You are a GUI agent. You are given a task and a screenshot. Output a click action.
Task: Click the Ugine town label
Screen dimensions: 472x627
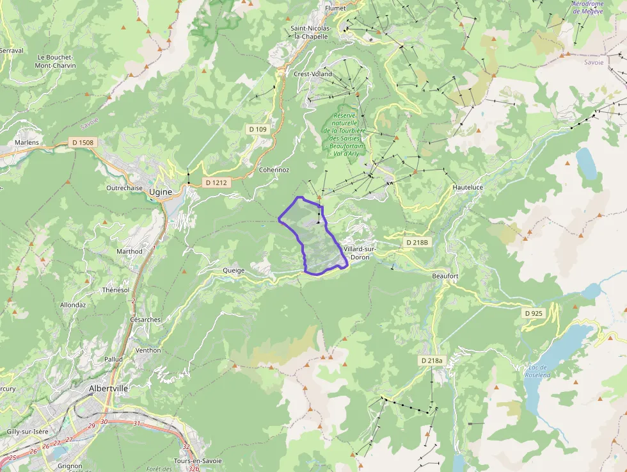[x=160, y=191]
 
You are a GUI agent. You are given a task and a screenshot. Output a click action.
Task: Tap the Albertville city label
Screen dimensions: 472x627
[x=108, y=388]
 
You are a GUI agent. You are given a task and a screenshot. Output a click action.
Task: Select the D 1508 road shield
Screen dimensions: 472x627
[x=83, y=142]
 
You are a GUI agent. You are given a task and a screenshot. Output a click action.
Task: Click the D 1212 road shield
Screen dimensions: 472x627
[x=217, y=183]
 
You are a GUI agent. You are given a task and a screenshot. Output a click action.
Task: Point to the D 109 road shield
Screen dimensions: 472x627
[x=257, y=129]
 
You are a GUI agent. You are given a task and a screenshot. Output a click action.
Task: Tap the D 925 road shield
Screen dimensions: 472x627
[x=533, y=313]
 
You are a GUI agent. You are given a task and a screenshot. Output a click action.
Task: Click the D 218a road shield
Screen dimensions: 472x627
[x=432, y=361]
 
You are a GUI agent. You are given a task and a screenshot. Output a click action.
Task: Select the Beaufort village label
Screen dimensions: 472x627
[x=445, y=275]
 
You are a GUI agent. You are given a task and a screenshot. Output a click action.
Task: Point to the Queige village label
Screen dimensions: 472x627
[x=234, y=270]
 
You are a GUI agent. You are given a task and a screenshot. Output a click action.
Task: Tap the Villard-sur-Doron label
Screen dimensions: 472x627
[x=360, y=252]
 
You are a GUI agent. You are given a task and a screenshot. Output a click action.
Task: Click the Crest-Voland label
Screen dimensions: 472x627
[x=313, y=74]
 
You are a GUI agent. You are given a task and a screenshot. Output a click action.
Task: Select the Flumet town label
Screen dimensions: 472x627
[x=335, y=8]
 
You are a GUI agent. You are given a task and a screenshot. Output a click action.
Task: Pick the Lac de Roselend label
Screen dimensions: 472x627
[x=538, y=371]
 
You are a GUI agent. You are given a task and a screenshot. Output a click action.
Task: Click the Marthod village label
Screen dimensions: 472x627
[x=129, y=252]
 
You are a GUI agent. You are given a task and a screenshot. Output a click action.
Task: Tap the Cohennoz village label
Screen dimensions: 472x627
[x=274, y=170]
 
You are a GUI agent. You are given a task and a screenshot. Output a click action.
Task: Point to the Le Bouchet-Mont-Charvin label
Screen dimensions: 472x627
[x=55, y=61]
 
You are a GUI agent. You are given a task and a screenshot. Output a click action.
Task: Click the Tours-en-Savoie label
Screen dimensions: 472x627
[x=198, y=460]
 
